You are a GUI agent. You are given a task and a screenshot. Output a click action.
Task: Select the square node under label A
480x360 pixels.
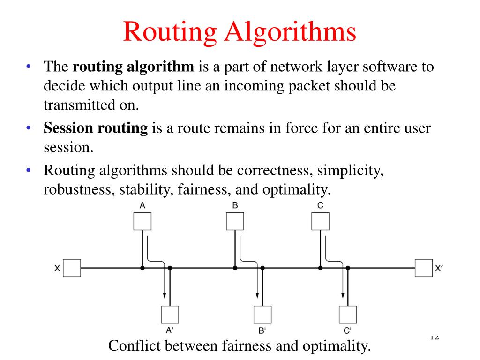pyautogui.click(x=142, y=221)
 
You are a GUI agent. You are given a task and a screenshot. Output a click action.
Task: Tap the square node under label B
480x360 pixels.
pyautogui.click(x=235, y=221)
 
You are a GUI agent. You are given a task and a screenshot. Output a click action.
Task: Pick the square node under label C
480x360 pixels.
pyautogui.click(x=321, y=221)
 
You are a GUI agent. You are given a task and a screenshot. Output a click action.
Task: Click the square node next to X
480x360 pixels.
pyautogui.click(x=72, y=268)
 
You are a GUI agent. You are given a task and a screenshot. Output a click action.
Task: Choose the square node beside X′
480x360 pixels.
pyautogui.click(x=424, y=268)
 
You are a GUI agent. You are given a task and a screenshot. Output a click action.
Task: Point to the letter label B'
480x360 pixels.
pyautogui.click(x=262, y=331)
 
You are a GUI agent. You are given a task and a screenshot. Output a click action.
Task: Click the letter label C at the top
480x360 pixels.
pyautogui.click(x=320, y=205)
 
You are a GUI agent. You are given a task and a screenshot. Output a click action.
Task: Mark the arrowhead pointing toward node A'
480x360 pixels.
pyautogui.click(x=165, y=295)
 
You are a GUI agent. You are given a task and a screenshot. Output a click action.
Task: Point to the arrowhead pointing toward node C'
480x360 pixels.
pyautogui.click(x=343, y=295)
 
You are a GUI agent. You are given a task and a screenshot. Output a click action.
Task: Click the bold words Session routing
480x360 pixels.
pyautogui.click(x=96, y=128)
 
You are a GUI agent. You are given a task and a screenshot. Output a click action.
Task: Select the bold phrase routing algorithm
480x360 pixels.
pyautogui.click(x=134, y=67)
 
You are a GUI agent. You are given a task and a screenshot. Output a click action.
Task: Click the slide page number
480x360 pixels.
pyautogui.click(x=434, y=337)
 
